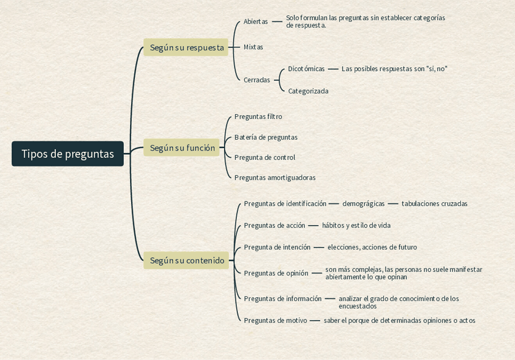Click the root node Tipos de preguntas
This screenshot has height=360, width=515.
click(67, 154)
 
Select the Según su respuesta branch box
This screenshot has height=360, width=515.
click(186, 47)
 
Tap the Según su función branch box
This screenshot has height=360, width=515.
click(182, 148)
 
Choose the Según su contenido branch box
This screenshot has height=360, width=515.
click(186, 260)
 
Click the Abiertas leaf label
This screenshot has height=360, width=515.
click(255, 22)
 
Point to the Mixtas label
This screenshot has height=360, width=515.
click(253, 47)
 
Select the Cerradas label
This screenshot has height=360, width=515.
click(256, 80)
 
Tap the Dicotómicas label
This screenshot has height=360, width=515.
click(306, 69)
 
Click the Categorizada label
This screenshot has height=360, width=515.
click(308, 91)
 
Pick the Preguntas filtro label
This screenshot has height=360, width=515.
click(258, 117)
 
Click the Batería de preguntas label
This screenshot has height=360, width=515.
click(266, 137)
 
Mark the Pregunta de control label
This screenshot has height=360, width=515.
click(265, 157)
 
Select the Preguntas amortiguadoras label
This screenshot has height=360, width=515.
click(275, 178)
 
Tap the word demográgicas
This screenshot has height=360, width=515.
click(363, 204)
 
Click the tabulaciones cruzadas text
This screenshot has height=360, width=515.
click(434, 204)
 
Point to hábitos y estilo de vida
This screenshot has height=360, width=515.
click(356, 226)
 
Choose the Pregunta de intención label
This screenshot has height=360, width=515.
click(277, 247)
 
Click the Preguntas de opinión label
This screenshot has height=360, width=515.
click(276, 273)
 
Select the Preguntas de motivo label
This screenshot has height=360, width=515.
click(275, 321)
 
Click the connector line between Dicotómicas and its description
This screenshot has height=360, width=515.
click(333, 69)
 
